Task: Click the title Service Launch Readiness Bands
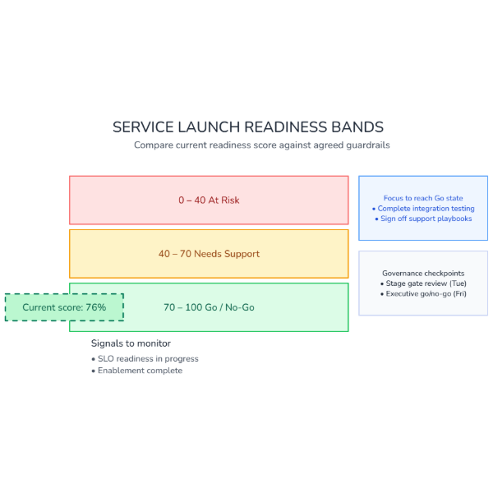coord(247,127)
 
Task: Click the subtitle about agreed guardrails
coord(261,145)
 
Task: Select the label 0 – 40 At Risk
coord(209,200)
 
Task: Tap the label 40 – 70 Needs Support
coord(209,254)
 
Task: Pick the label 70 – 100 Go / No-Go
coord(209,307)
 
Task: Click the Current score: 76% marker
coord(64,307)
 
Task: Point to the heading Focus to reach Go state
coord(423,198)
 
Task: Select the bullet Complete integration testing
coord(426,209)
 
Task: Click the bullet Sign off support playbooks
coord(426,219)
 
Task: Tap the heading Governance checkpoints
coord(423,273)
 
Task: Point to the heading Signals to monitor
coord(131,343)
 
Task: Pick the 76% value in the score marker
coord(95,307)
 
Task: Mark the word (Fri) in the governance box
coord(458,293)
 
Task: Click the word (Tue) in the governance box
coord(457,283)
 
